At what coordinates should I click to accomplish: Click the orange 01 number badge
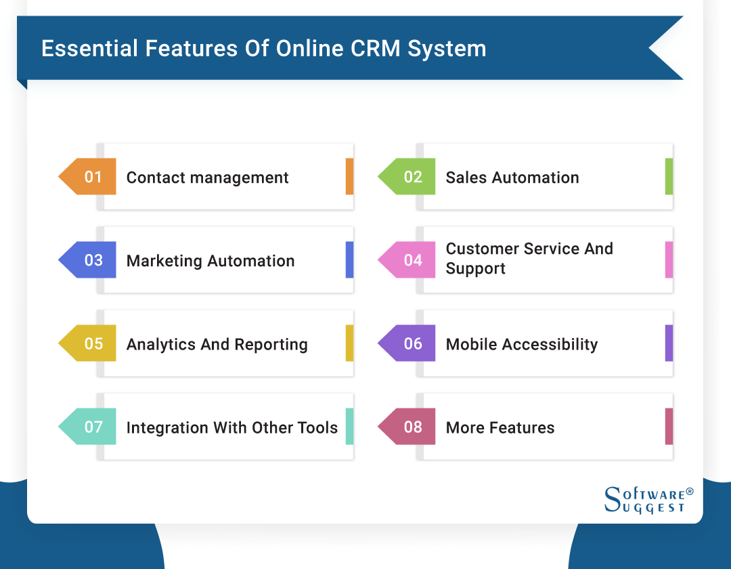(91, 177)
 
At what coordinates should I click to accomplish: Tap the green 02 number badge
(411, 177)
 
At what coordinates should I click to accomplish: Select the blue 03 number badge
(91, 260)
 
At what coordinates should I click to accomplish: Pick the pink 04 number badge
(411, 260)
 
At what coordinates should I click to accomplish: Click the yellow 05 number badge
(91, 343)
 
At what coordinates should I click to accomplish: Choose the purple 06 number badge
(411, 343)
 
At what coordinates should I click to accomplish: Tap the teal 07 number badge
(91, 427)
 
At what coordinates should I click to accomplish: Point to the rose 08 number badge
(411, 427)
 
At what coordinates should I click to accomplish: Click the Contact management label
(207, 177)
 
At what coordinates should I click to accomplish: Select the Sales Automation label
(512, 177)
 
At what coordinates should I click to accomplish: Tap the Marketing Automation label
(211, 261)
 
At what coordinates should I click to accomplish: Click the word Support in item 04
(476, 269)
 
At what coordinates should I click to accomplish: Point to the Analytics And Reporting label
(217, 344)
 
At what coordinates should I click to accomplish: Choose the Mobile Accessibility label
(522, 344)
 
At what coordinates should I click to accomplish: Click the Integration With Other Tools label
(232, 427)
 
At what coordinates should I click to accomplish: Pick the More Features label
(500, 427)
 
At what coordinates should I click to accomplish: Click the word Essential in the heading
(84, 49)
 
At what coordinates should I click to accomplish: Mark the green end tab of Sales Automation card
(669, 177)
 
